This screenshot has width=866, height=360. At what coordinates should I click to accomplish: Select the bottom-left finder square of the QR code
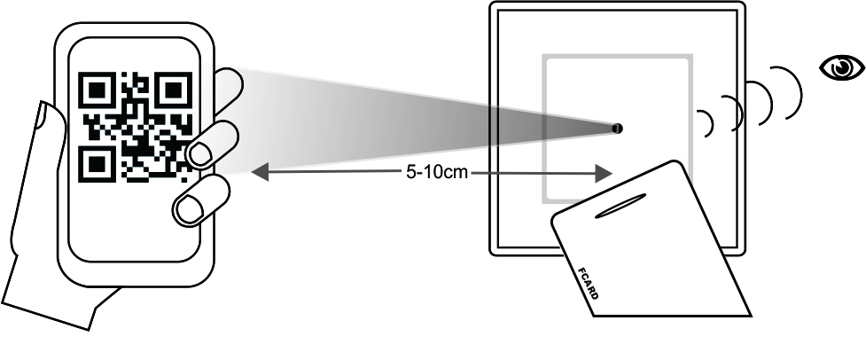(x=96, y=163)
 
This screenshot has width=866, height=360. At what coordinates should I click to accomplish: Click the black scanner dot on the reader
(x=617, y=129)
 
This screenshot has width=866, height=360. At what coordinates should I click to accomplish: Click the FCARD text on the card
(x=587, y=283)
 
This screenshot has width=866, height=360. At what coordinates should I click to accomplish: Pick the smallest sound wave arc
(x=706, y=123)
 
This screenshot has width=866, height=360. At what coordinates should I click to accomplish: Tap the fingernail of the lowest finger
(x=189, y=210)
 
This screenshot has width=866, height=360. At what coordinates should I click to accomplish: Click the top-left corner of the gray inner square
(x=544, y=57)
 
